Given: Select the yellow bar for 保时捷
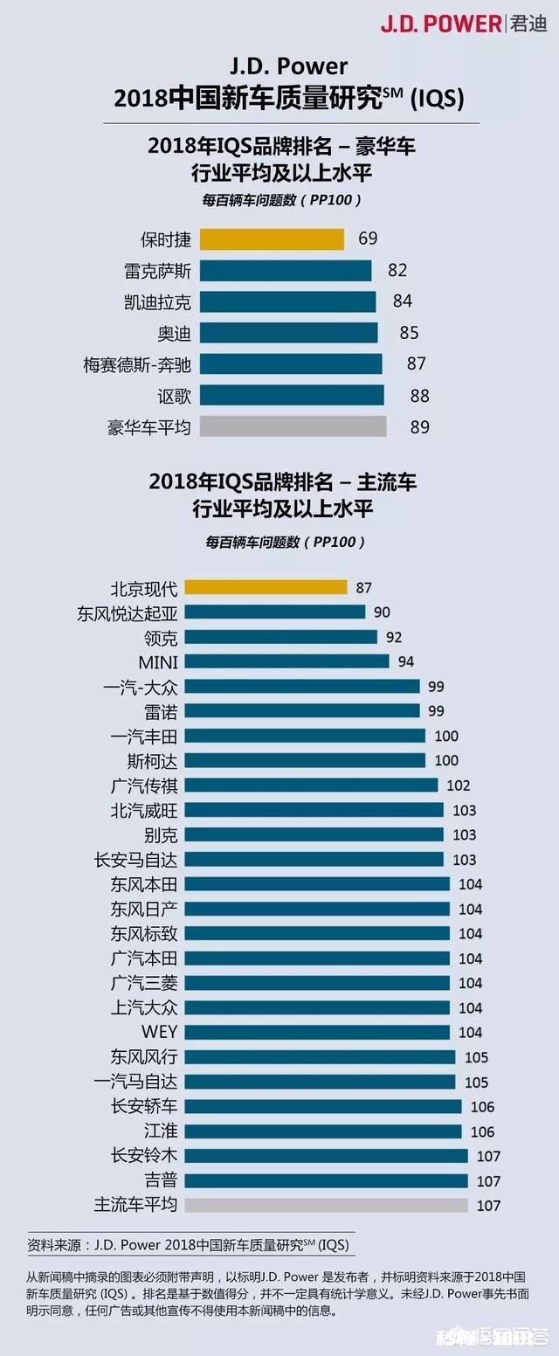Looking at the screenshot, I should click(x=272, y=239).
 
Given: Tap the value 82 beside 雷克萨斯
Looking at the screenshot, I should click(x=397, y=270).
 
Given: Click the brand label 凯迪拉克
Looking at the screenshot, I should click(x=157, y=301).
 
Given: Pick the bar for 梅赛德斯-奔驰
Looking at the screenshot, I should click(x=291, y=364).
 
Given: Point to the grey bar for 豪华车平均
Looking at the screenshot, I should click(x=293, y=426).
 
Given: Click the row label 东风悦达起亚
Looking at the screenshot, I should click(x=128, y=612).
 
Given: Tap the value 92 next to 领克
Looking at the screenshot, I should click(x=394, y=637).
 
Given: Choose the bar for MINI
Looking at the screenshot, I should click(x=286, y=661).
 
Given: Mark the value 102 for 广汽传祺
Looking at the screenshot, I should click(x=458, y=785).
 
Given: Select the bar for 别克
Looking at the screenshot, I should click(x=314, y=834).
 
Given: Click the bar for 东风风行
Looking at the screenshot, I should click(x=320, y=1057).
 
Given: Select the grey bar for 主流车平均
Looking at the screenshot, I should click(x=326, y=1205).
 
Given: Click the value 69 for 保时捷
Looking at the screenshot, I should click(x=368, y=239).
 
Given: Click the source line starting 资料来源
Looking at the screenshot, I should click(x=192, y=1243).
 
